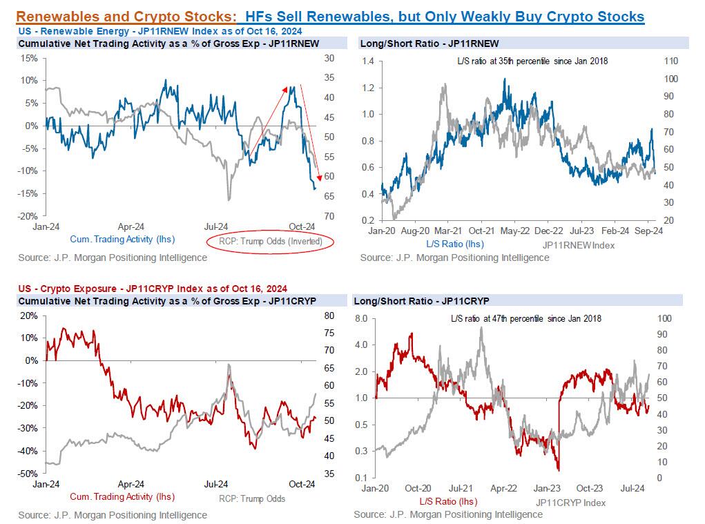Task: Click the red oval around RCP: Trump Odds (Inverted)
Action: click(x=270, y=242)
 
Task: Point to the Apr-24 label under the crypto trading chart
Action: click(x=131, y=484)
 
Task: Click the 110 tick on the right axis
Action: click(x=670, y=61)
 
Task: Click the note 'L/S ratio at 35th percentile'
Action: click(x=532, y=61)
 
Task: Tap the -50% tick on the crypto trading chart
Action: click(x=27, y=474)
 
